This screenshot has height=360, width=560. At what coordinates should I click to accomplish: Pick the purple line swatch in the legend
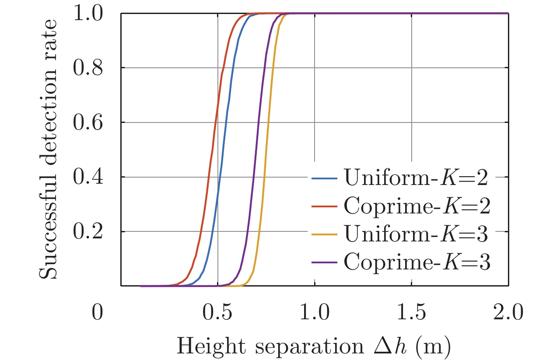pyautogui.click(x=324, y=263)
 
